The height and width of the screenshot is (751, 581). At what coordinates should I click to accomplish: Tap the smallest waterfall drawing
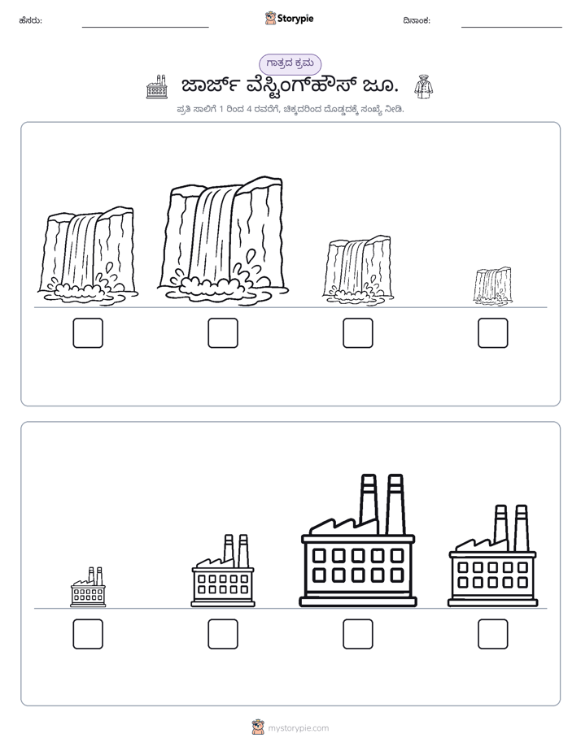(x=492, y=286)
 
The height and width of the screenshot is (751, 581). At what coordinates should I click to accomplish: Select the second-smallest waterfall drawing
(x=357, y=270)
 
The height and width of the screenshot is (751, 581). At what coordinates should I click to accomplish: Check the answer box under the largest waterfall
(x=223, y=333)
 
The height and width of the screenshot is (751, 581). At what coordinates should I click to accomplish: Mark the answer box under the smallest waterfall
(x=493, y=333)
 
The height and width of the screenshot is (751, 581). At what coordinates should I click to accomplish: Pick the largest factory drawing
(x=358, y=540)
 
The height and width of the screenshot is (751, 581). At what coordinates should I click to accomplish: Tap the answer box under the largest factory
(x=358, y=634)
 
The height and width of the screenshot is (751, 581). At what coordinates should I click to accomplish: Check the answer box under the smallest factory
(x=88, y=634)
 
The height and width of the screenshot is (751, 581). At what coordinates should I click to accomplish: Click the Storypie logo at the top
(x=289, y=18)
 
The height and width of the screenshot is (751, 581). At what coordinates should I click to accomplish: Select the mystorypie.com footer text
(x=298, y=728)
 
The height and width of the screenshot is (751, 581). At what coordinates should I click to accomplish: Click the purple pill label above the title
(x=290, y=64)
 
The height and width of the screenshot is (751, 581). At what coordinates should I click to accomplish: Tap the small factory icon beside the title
(x=157, y=87)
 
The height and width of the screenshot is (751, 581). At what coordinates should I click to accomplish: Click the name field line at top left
(x=145, y=28)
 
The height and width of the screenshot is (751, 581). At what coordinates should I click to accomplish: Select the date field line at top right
(x=512, y=28)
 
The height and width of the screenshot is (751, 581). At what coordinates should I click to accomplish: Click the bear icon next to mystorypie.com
(x=258, y=727)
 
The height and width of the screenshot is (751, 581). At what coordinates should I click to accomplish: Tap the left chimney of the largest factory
(x=368, y=503)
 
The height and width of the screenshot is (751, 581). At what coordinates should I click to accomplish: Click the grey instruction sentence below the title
(x=290, y=109)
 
